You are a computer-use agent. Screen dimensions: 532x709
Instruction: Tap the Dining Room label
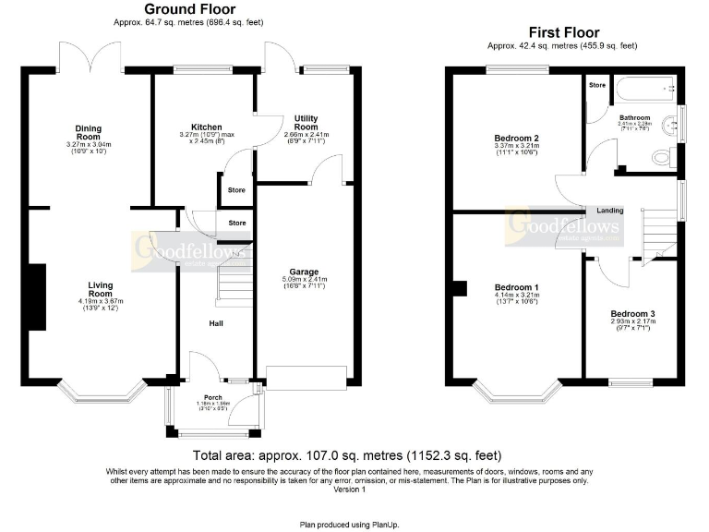click(89, 133)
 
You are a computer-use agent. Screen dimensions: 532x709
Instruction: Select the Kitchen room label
click(206, 127)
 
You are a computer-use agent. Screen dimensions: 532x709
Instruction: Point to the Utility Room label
click(306, 123)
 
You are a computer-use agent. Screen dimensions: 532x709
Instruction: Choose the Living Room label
click(101, 290)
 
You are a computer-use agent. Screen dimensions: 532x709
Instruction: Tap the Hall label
click(214, 323)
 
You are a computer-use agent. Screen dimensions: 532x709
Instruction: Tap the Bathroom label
click(634, 118)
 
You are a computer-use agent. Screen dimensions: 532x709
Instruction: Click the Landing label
click(610, 210)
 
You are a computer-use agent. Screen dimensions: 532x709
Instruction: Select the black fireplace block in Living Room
click(37, 296)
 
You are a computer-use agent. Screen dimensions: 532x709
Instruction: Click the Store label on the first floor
click(596, 85)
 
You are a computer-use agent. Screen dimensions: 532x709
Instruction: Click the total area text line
click(347, 455)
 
